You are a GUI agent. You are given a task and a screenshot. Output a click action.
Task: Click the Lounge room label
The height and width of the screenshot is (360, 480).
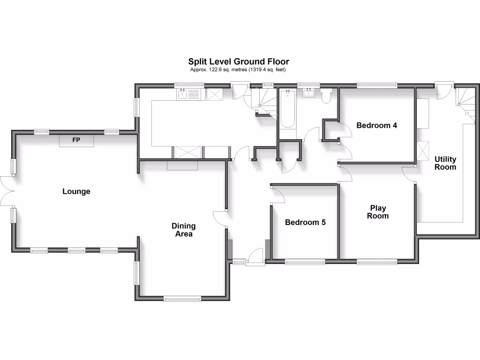coord(76,191)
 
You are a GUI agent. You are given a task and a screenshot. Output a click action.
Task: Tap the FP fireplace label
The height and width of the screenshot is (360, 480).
coord(76,140)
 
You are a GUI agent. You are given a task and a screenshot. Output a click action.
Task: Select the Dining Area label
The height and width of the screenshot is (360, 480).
coord(184,230)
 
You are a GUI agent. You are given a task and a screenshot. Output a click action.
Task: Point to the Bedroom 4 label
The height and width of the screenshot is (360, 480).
coord(377,125)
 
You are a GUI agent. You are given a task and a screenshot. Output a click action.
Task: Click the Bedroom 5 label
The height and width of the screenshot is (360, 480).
coord(305,222)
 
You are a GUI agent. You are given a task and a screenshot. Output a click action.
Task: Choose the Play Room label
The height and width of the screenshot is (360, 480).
coord(378,212)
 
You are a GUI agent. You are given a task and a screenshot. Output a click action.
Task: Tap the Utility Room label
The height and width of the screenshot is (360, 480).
coord(445,163)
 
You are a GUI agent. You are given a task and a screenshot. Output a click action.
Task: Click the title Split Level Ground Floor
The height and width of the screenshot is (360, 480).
coord(239,61)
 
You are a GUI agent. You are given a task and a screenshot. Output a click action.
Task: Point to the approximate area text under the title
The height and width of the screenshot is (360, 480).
coord(238,70)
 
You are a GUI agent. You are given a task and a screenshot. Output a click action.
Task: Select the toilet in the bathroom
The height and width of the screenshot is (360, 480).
coord(327,96)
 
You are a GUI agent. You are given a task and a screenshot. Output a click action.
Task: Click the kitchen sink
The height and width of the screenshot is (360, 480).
coord(188,94)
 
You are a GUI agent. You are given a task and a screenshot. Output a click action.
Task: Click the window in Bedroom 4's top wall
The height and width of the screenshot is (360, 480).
coord(377,85)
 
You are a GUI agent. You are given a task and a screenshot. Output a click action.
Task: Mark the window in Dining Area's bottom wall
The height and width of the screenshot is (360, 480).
coord(182,299)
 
